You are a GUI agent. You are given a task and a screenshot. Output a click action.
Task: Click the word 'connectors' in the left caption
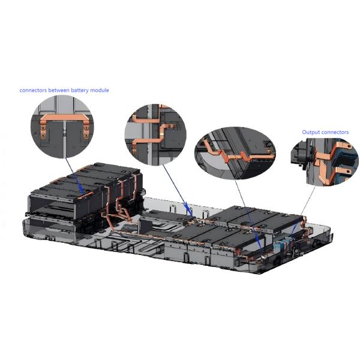[33, 90]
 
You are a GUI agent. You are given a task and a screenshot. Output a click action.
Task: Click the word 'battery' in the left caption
[80, 91]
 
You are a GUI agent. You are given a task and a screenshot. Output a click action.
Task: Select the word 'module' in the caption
[100, 90]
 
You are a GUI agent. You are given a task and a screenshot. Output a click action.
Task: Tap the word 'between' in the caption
[59, 90]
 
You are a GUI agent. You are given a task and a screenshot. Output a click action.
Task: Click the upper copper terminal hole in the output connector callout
[349, 146]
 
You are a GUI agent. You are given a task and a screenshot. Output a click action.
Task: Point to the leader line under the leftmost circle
[75, 177]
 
